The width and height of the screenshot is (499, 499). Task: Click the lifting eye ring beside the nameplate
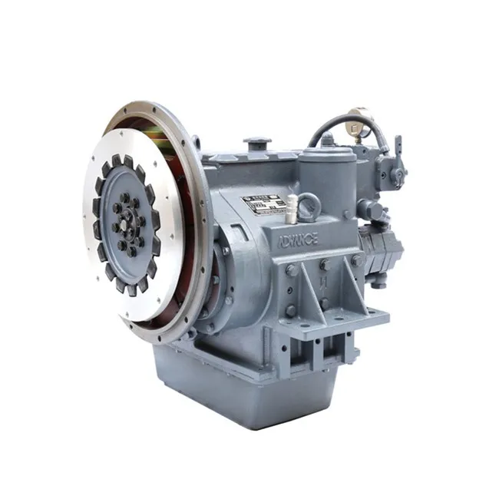coord(309,206)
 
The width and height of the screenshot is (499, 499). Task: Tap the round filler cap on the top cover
coord(258,144)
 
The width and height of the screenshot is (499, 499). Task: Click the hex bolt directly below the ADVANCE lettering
coord(292,269)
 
